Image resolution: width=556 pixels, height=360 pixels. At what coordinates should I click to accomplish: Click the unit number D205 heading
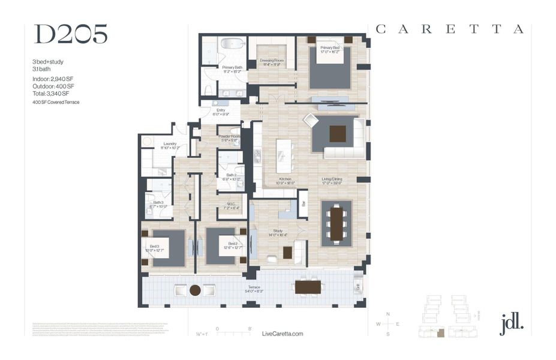coord(71,35)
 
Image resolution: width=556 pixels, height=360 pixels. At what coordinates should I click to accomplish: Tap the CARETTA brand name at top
coord(450,29)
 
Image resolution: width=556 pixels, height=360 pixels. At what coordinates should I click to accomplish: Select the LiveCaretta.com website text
coord(283,334)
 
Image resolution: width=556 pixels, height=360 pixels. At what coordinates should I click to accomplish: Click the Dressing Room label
coord(271,62)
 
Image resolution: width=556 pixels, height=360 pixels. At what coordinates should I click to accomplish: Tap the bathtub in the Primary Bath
coord(230,44)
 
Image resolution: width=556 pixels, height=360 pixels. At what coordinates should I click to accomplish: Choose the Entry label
coord(221,112)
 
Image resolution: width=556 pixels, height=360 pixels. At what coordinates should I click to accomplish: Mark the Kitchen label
coord(285,180)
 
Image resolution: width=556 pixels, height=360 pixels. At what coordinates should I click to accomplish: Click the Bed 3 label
coord(155,247)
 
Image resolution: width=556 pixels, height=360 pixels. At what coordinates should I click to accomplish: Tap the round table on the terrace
coord(195,290)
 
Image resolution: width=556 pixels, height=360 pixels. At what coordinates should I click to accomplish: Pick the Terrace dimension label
coord(254,290)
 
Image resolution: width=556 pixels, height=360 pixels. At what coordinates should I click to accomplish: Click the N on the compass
coord(388,314)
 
